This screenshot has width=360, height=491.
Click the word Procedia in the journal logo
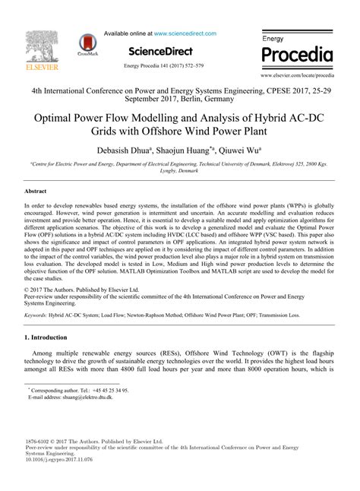(297, 55)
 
